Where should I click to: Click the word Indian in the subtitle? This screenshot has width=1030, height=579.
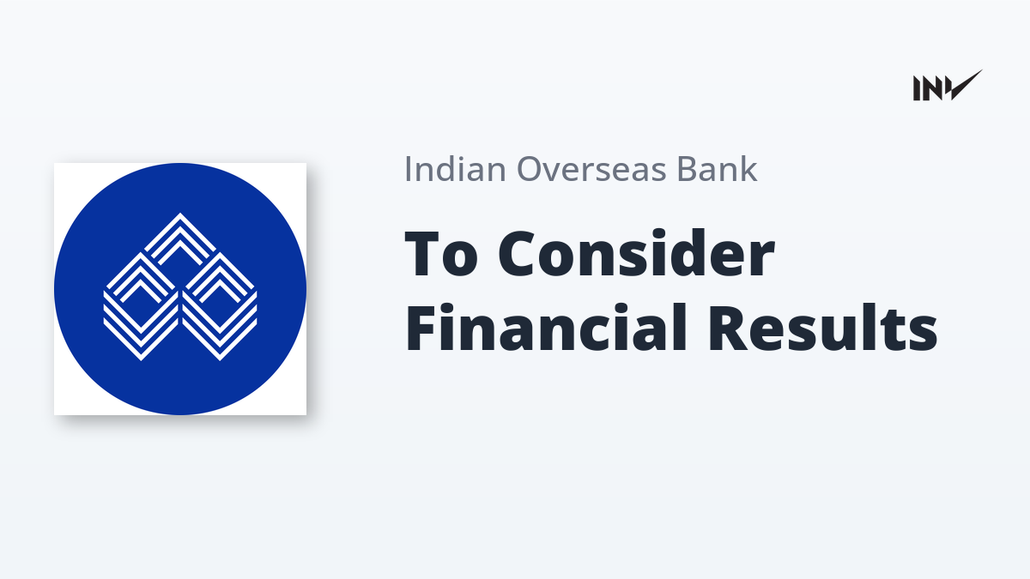pyautogui.click(x=455, y=169)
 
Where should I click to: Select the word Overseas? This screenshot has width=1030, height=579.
pyautogui.click(x=591, y=169)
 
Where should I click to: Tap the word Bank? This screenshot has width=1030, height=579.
pyautogui.click(x=717, y=169)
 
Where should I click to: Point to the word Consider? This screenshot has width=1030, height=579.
pyautogui.click(x=636, y=254)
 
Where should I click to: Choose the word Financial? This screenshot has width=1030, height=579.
pyautogui.click(x=546, y=327)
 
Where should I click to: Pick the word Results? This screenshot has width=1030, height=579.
pyautogui.click(x=822, y=327)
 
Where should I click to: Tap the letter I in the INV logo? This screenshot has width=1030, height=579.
pyautogui.click(x=917, y=88)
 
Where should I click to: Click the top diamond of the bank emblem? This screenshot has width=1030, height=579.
pyautogui.click(x=179, y=239)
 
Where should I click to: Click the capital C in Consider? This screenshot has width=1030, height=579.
pyautogui.click(x=519, y=254)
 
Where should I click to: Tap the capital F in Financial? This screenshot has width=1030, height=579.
pyautogui.click(x=421, y=327)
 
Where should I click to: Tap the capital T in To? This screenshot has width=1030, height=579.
pyautogui.click(x=423, y=254)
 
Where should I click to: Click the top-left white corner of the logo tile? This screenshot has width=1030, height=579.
pyautogui.click(x=55, y=164)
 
